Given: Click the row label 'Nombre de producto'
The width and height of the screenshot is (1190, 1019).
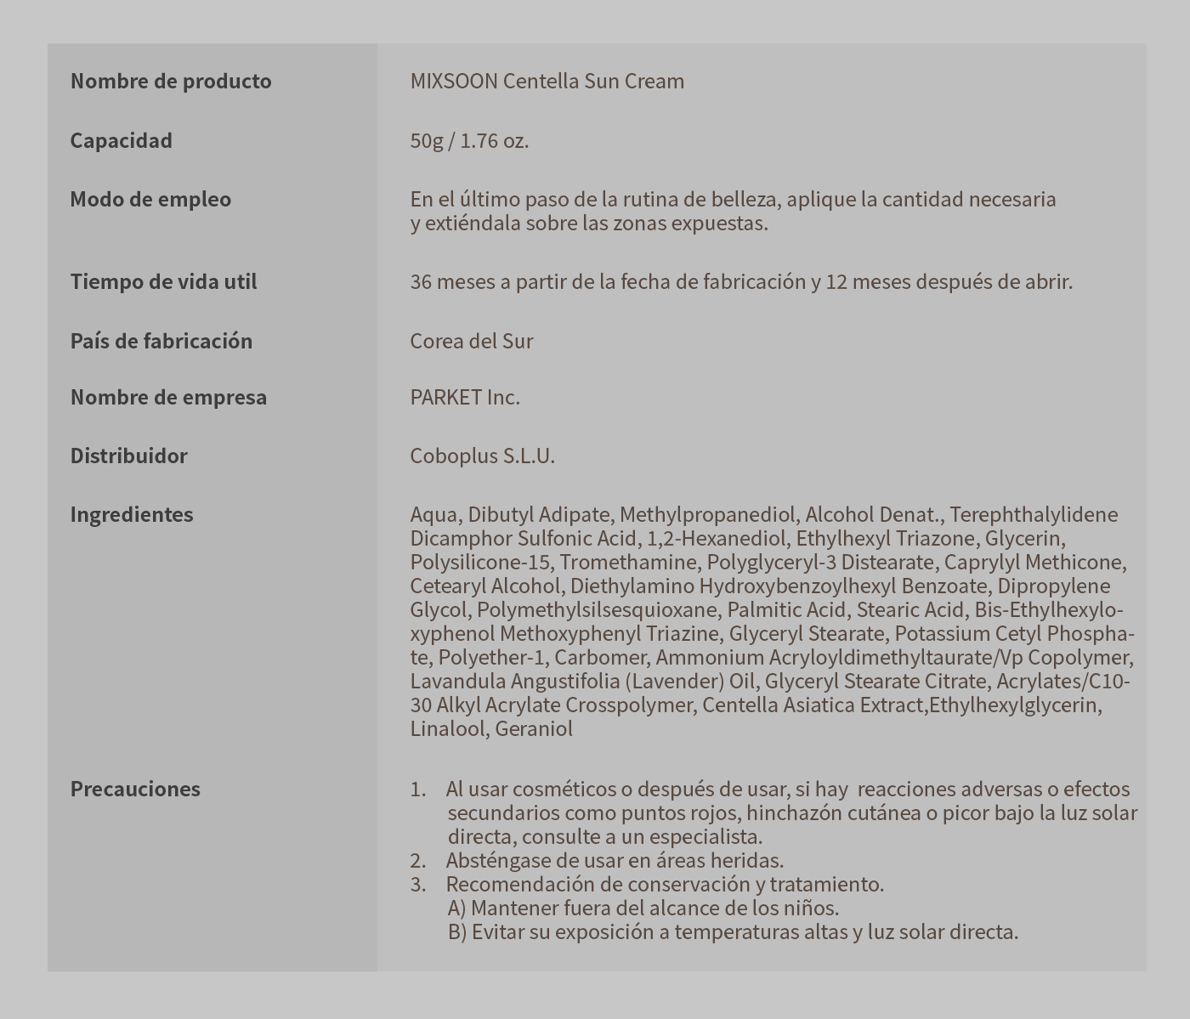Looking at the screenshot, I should point(171,82).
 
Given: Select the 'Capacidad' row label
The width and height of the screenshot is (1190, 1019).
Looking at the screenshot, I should point(121,141).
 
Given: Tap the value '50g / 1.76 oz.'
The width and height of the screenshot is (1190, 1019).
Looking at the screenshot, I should point(469,141).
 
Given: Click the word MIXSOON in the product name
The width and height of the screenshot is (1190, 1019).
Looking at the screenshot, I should point(453,82).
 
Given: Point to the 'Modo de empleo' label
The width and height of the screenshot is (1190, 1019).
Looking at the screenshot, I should point(150,200).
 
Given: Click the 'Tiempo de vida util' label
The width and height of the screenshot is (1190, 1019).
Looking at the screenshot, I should point(163,282).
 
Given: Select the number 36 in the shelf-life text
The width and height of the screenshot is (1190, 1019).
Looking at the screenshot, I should point(421,282).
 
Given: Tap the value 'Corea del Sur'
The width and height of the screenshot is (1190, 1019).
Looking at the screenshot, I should point(471,342).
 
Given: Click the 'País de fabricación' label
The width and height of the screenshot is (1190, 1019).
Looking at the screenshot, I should point(161,342).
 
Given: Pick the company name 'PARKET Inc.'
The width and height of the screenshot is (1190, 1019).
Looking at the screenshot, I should point(464,398).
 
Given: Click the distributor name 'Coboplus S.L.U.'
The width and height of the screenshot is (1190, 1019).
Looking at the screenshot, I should point(482,456).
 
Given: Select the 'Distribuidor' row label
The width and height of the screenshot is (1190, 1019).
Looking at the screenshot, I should point(128,456).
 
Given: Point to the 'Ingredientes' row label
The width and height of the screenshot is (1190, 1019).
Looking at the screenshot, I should point(131,515).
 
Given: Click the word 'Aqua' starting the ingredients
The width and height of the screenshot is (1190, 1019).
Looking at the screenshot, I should point(434,515).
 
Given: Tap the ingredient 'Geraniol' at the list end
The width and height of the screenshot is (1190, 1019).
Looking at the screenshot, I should point(534,729).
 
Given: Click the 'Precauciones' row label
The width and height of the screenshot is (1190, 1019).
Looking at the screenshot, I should point(135,790).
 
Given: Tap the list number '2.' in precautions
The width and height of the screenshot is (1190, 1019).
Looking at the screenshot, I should point(417,861).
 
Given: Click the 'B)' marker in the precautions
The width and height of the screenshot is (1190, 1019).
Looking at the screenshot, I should point(457,932).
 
